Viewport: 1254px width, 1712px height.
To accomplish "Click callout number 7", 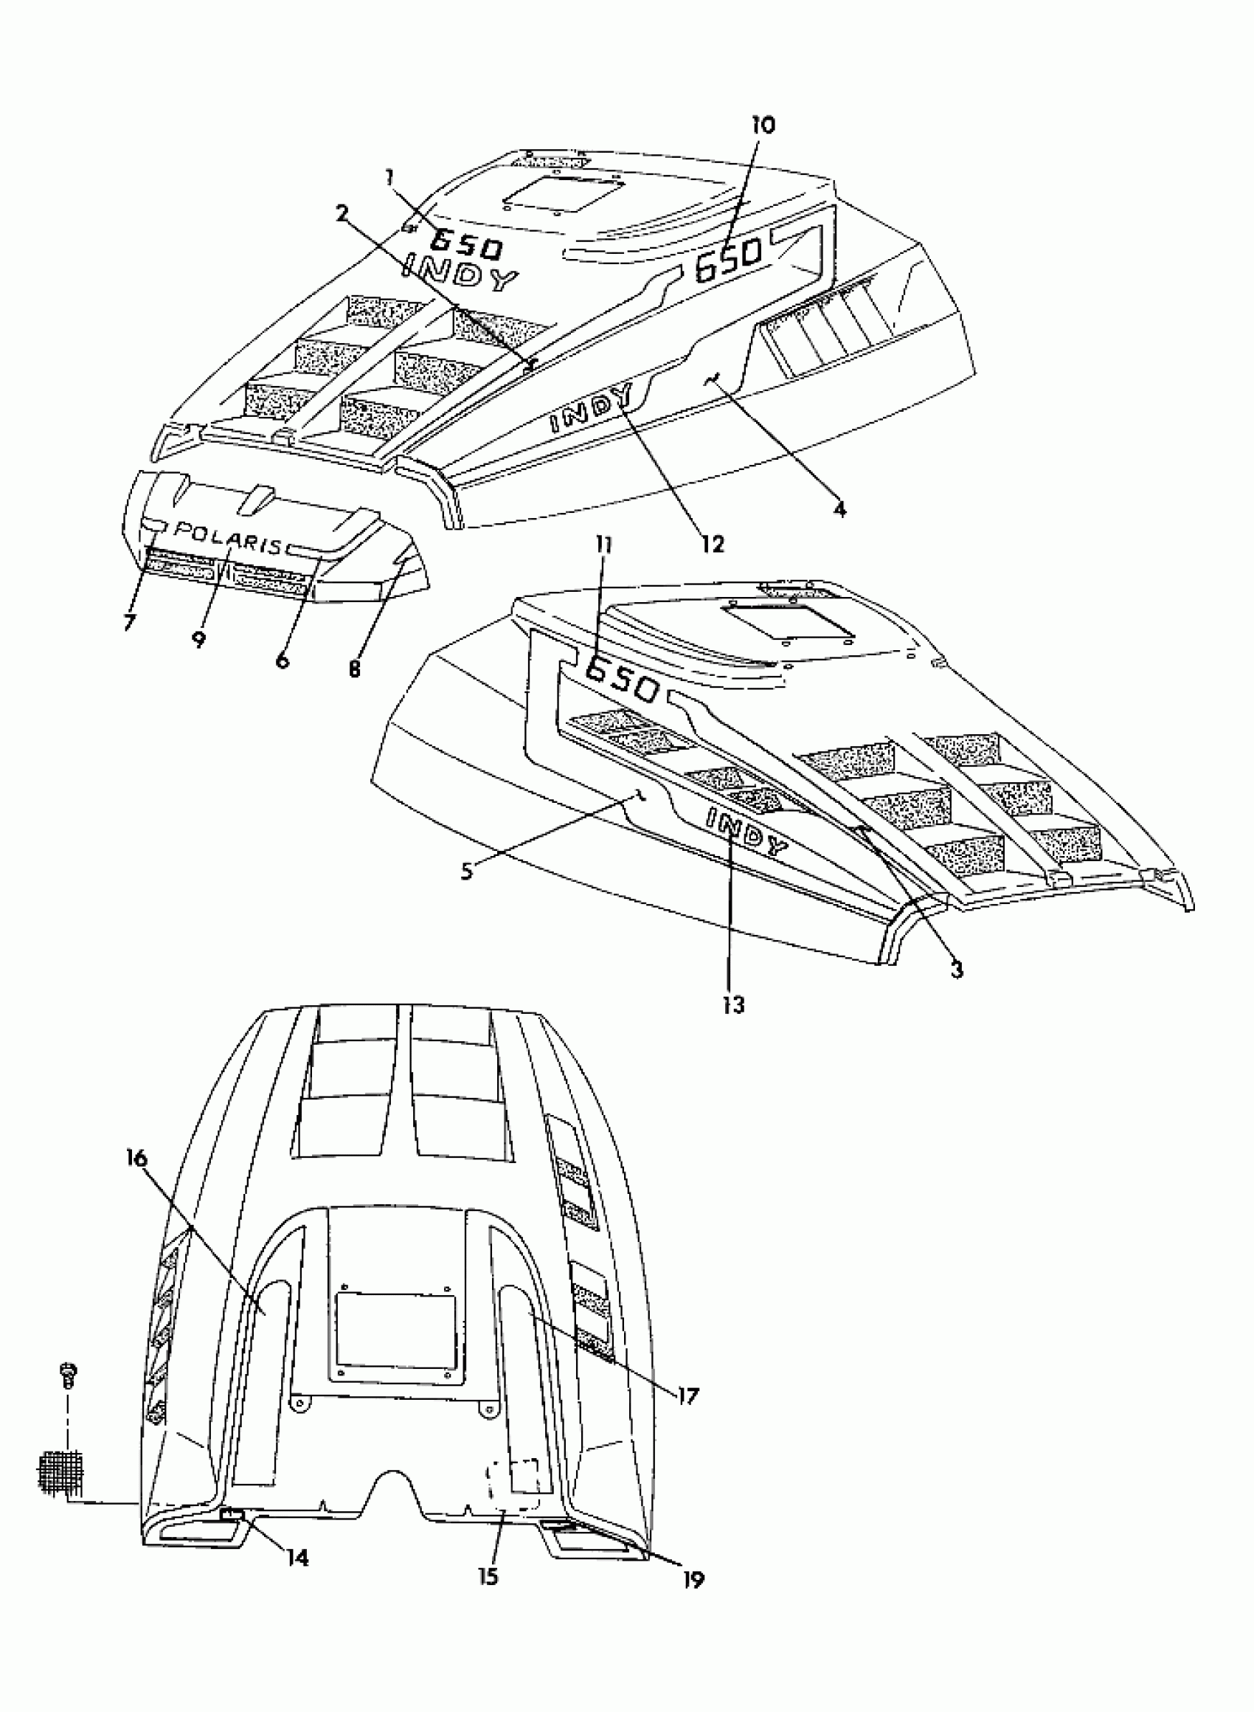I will (129, 622).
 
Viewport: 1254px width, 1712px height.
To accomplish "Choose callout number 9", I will (198, 638).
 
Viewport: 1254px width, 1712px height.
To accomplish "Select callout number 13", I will (734, 1004).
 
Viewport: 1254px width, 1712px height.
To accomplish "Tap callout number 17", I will (686, 1395).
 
